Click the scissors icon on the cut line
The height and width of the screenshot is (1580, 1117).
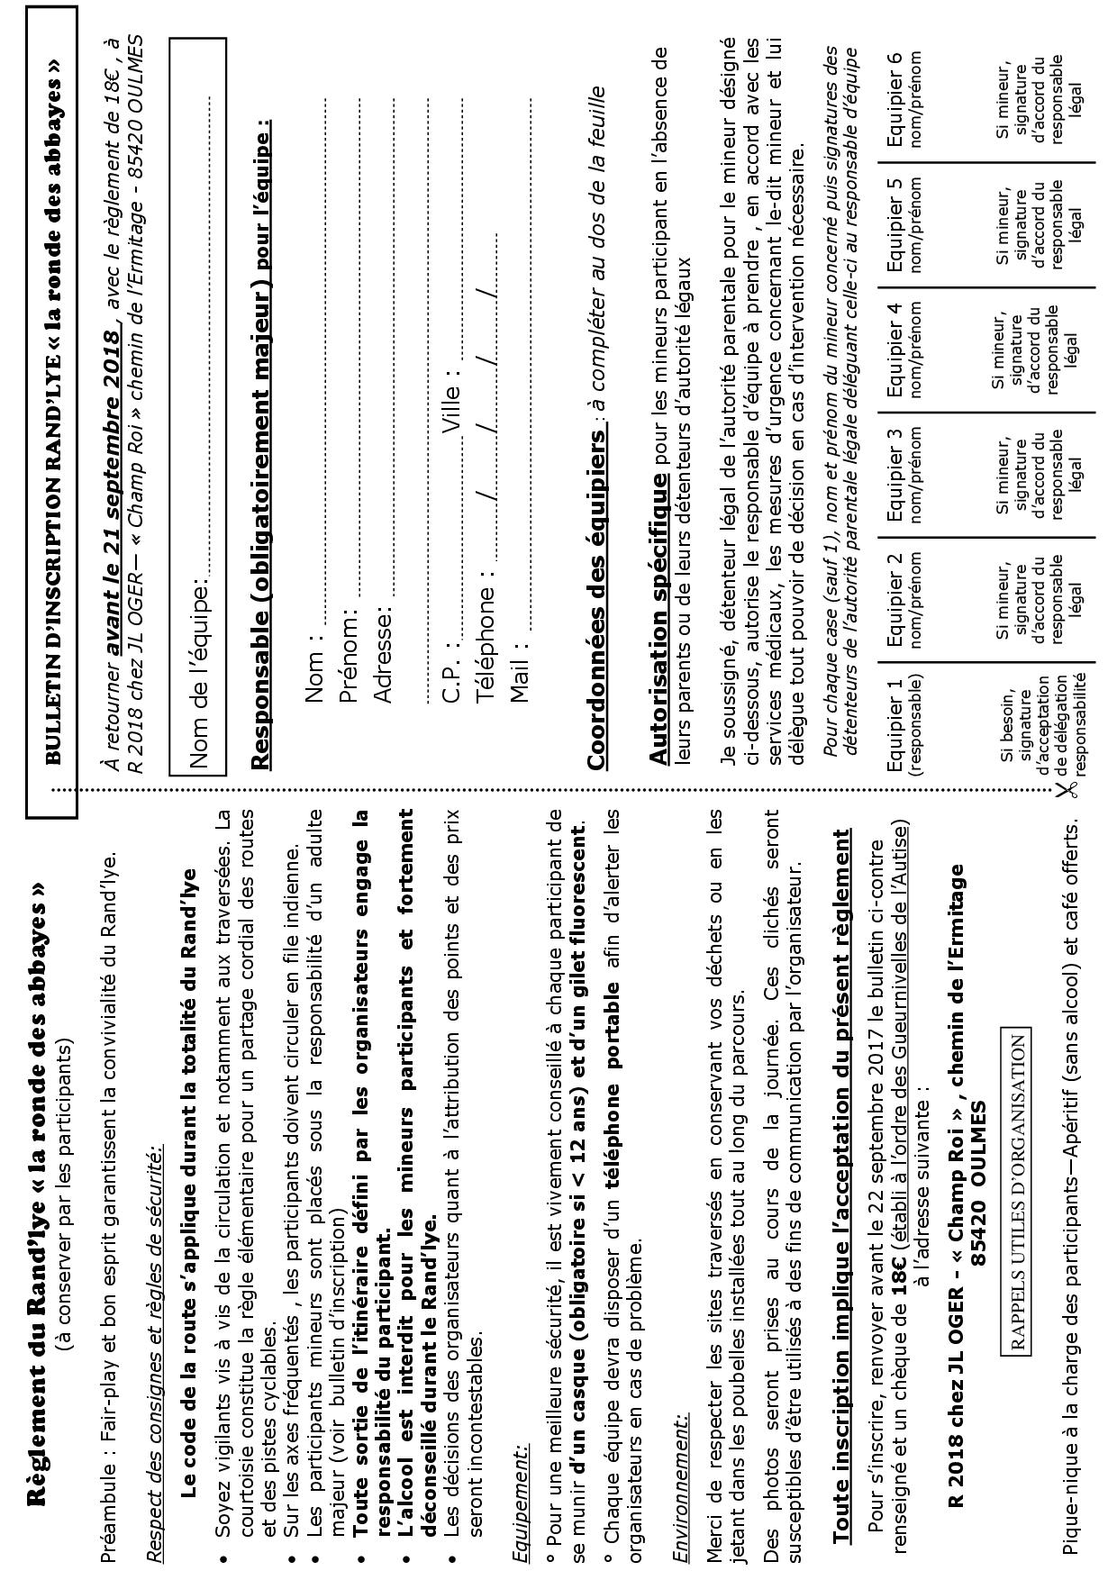click(x=1068, y=790)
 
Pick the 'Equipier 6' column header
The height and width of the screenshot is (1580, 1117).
click(x=904, y=99)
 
